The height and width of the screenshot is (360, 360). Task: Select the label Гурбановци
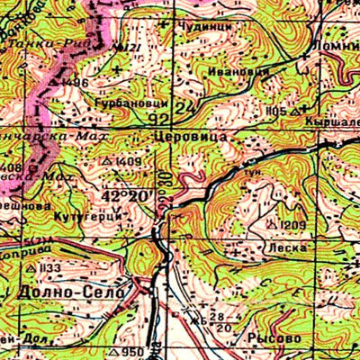point(129,104)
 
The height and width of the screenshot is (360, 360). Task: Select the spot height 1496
point(75,83)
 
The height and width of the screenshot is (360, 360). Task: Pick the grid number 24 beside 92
point(186,109)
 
